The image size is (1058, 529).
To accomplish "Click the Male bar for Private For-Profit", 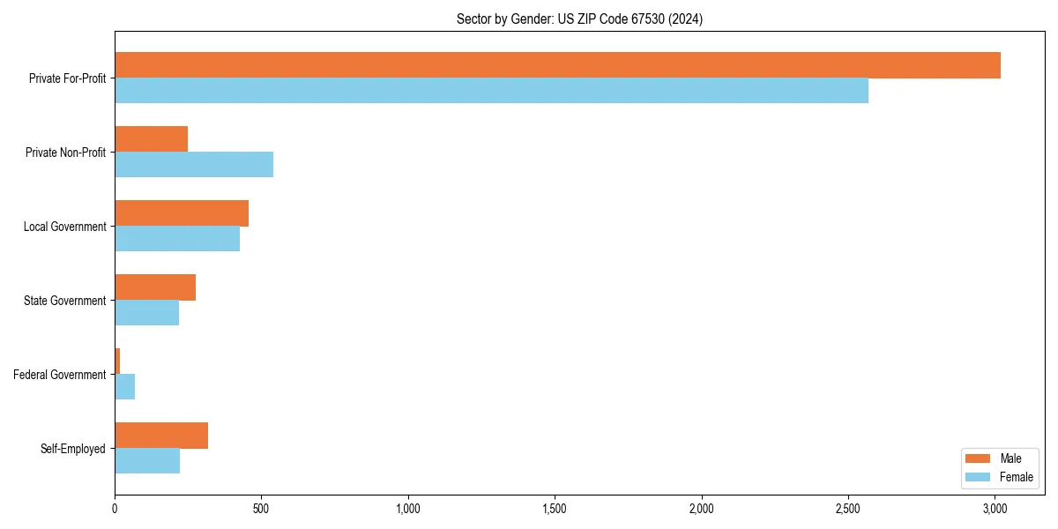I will (x=557, y=65).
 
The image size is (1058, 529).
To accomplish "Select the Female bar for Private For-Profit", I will (x=491, y=91).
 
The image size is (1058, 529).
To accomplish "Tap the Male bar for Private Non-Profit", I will (x=151, y=139).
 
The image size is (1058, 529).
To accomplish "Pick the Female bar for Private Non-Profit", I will (x=194, y=165).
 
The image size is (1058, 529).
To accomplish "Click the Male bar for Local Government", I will (x=182, y=213).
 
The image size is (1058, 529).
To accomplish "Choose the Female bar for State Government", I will (x=146, y=313).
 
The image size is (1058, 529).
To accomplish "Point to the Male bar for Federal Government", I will (x=117, y=361).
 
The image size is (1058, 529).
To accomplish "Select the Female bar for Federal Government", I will (x=124, y=387).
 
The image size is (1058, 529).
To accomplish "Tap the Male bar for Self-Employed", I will (x=161, y=436).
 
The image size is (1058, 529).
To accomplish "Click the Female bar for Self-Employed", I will (x=147, y=461).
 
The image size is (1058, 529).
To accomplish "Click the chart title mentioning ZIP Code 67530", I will (x=579, y=19).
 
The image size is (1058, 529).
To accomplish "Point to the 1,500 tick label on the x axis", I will (x=555, y=509).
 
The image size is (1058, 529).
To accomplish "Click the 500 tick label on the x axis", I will (x=261, y=509).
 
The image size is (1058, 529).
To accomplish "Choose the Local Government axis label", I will (x=64, y=227).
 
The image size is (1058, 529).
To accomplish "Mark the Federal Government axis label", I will (x=59, y=375).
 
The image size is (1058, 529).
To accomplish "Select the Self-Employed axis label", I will (x=72, y=449).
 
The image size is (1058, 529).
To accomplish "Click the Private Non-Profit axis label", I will (x=65, y=153).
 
